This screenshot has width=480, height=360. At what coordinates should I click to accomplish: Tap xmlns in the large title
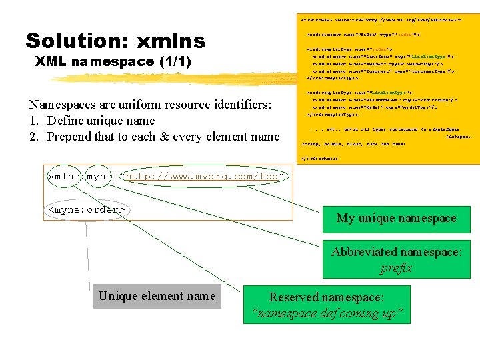tap(171, 41)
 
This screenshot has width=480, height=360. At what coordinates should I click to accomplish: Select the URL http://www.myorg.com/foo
tap(206, 177)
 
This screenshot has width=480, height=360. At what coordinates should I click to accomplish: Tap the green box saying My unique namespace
tap(396, 218)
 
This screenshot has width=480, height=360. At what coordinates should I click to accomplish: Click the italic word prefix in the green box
tap(396, 268)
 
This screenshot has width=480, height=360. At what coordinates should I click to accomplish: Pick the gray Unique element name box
tap(157, 296)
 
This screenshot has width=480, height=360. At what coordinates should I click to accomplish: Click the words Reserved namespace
tap(326, 297)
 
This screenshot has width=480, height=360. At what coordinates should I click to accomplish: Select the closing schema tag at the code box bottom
tap(320, 159)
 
